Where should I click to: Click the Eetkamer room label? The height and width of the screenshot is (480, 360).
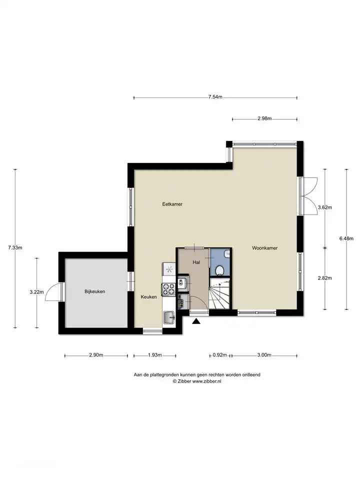click(172, 204)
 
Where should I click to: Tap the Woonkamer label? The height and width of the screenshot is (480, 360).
click(265, 248)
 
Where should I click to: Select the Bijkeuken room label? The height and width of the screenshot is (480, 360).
click(95, 291)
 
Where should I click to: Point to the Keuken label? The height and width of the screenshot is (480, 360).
click(149, 296)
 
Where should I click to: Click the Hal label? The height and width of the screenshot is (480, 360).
click(196, 262)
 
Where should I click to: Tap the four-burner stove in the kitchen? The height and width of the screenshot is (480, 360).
click(168, 288)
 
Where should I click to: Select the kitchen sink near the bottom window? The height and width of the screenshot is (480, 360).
click(169, 317)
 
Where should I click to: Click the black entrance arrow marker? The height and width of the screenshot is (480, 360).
click(196, 321)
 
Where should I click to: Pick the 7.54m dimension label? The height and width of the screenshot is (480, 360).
click(215, 97)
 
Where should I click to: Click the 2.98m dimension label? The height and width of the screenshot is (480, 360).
click(264, 119)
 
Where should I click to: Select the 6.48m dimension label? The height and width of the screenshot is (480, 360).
click(346, 239)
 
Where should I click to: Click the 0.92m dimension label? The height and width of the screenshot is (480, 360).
click(220, 355)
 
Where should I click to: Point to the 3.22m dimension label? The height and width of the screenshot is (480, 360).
click(36, 292)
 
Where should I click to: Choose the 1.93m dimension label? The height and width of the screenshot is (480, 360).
click(154, 355)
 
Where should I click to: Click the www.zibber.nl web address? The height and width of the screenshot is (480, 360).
click(206, 381)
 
